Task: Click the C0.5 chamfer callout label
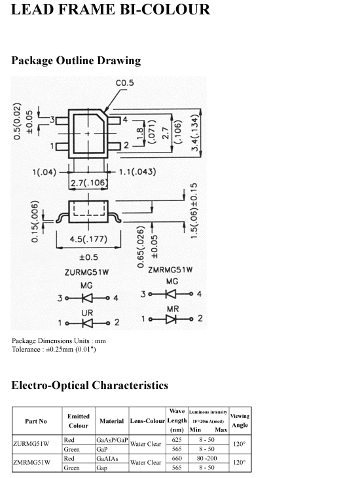pos(124,83)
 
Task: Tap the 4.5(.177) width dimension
pos(88,239)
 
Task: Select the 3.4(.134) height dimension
pos(195,133)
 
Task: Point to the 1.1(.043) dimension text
pos(137,172)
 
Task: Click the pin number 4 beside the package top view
pos(124,120)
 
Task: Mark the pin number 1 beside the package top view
pos(52,146)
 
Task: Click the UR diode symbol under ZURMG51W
pos(87,323)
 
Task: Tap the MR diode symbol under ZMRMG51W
pos(171,319)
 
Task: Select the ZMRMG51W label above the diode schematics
pos(170,270)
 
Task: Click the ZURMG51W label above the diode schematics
pos(86,272)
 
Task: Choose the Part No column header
pos(36,421)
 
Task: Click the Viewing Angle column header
pos(240,420)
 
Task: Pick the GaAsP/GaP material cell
pos(112,440)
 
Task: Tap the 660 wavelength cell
pos(177,458)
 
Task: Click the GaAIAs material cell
pos(107,459)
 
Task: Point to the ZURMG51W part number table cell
pos(31,444)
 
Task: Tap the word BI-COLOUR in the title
pos(164,9)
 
